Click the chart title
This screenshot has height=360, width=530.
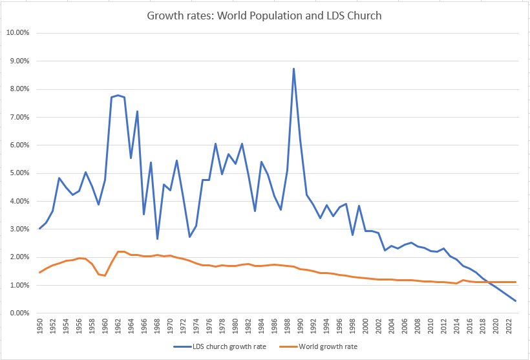click(265, 16)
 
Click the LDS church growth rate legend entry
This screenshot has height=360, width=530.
click(213, 346)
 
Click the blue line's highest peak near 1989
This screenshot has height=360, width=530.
click(294, 69)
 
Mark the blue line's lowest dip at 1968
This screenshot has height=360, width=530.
click(157, 239)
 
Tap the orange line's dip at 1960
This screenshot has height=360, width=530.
click(105, 276)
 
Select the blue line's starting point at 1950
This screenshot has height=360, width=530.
click(39, 228)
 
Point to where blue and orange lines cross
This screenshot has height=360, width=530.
click(489, 282)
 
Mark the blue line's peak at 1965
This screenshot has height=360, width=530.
click(138, 111)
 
